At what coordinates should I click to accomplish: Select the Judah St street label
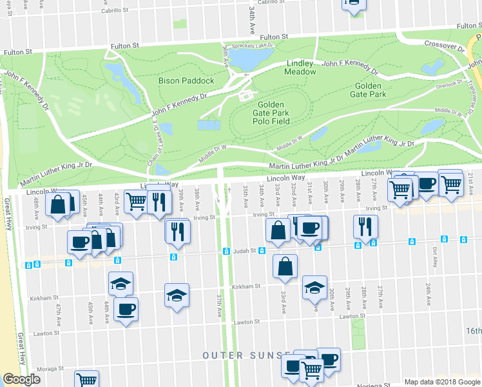click(245, 252)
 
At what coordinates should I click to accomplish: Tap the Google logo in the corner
click(21, 379)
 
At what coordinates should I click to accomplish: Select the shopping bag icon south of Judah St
click(285, 266)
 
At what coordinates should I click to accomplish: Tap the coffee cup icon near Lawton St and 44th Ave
click(126, 308)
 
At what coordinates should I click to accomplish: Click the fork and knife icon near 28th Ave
click(365, 226)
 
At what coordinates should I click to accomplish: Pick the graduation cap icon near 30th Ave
click(314, 288)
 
